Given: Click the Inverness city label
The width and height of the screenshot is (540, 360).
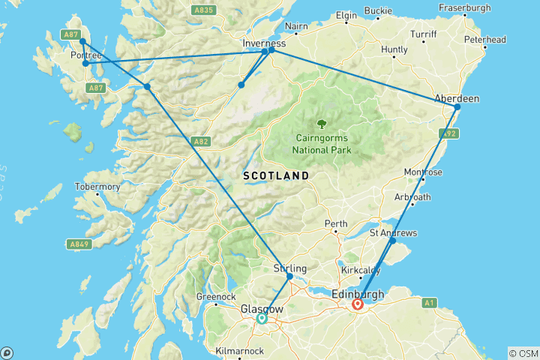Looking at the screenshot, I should (263, 43).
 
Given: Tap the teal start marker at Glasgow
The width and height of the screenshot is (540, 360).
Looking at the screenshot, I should (262, 319).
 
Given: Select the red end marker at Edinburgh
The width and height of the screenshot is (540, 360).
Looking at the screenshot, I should (358, 304).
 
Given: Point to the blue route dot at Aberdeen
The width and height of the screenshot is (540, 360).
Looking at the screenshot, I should (457, 106).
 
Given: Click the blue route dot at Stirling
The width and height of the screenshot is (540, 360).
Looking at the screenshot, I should (290, 277).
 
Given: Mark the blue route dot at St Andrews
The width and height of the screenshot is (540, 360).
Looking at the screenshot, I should (392, 241).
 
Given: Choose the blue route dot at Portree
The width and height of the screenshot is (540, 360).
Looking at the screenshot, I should (86, 63).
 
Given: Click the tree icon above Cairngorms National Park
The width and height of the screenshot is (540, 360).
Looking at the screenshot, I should (322, 124).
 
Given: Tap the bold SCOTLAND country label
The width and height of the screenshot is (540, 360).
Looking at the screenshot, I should (275, 175).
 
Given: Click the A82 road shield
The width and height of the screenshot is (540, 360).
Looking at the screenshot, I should (199, 140).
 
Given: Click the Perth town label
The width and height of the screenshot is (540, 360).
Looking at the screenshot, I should (336, 224).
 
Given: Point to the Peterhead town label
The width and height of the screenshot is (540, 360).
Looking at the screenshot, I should (484, 39).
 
